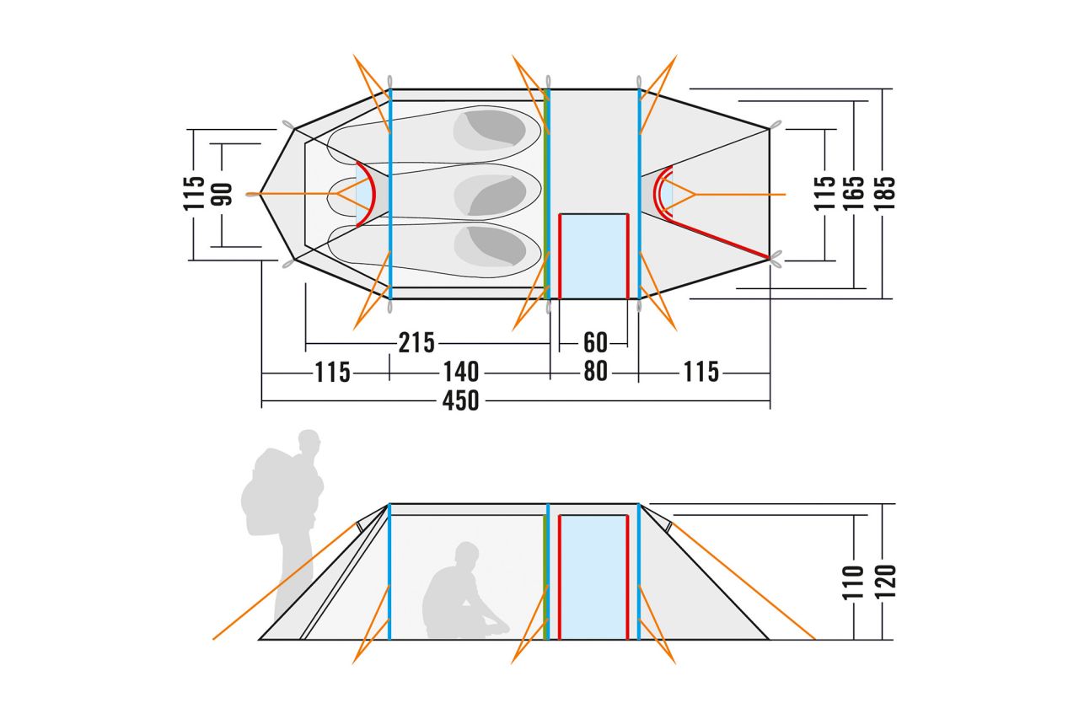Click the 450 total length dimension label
click(x=460, y=400)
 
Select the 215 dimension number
click(x=416, y=342)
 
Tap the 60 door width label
click(x=595, y=342)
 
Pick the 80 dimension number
click(x=595, y=371)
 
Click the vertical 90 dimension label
click(x=223, y=195)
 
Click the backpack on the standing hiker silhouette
click(x=268, y=497)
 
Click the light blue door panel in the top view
click(x=594, y=256)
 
